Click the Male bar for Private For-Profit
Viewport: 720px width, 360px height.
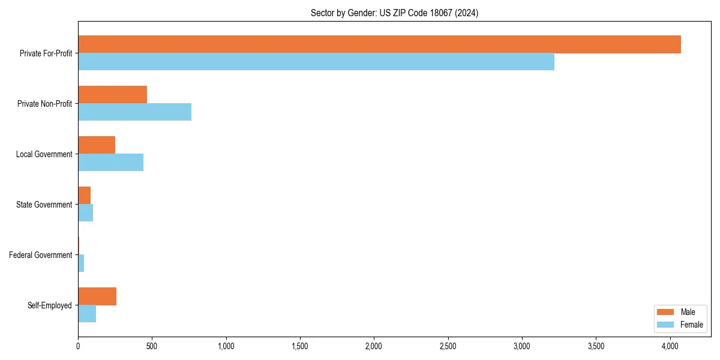click(379, 44)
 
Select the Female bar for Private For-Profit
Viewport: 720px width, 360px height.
click(316, 62)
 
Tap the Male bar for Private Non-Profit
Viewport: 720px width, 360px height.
click(113, 95)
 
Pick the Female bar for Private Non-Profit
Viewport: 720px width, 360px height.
click(135, 112)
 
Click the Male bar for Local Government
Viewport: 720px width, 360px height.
click(97, 145)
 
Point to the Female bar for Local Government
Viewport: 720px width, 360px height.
click(111, 163)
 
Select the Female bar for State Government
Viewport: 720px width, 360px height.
click(86, 213)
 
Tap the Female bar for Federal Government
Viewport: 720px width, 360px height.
click(81, 263)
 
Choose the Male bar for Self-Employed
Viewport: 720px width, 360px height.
click(97, 296)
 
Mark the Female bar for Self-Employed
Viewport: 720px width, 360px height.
click(87, 314)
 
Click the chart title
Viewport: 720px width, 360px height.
click(394, 13)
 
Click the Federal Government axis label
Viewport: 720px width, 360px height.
click(40, 255)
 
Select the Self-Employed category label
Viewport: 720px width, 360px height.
click(50, 305)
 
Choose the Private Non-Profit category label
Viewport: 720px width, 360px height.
click(44, 104)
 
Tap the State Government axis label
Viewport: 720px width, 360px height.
click(44, 205)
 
